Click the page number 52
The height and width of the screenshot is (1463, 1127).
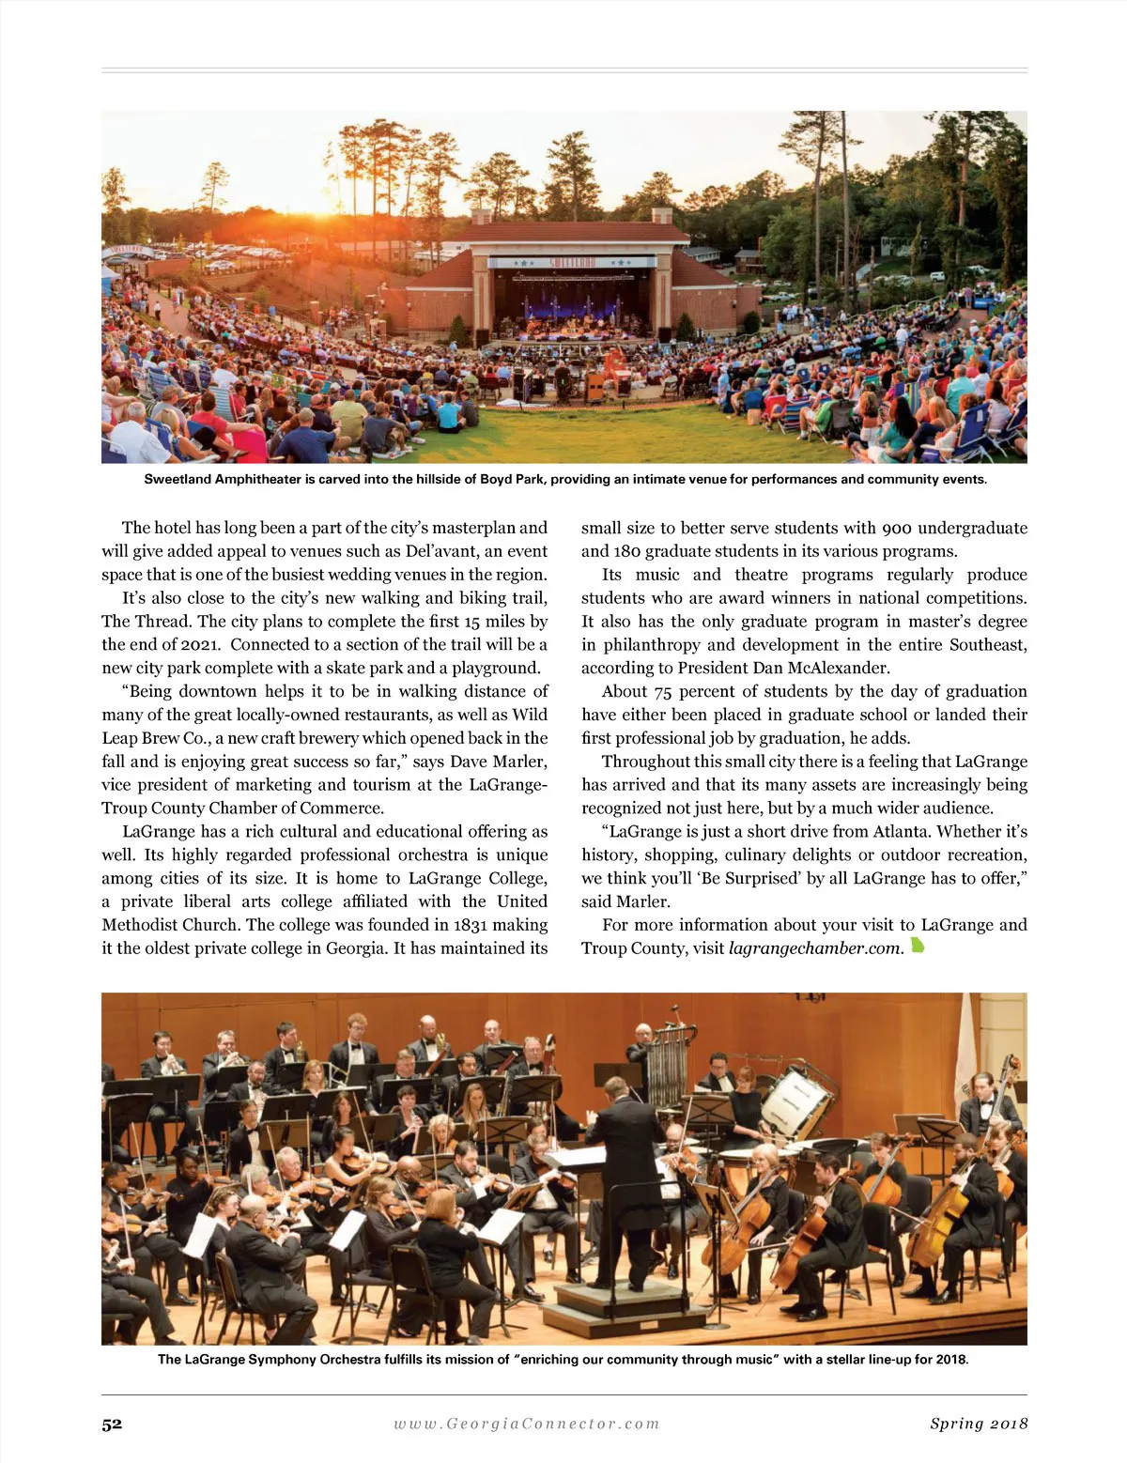tap(112, 1424)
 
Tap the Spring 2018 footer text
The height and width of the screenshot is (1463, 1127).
tap(979, 1424)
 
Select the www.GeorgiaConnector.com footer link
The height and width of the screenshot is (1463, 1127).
tap(527, 1424)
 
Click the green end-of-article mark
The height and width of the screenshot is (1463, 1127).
tap(918, 946)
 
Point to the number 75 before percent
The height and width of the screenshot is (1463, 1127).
tap(663, 691)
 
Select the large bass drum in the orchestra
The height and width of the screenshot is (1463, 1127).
tap(794, 1101)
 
